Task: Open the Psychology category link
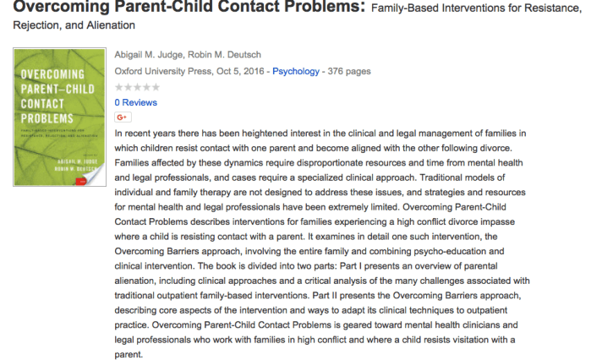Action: pyautogui.click(x=296, y=72)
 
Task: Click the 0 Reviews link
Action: pyautogui.click(x=135, y=102)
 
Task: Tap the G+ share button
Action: pyautogui.click(x=122, y=117)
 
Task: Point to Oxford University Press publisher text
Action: pyautogui.click(x=161, y=72)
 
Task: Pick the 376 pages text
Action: pyautogui.click(x=348, y=72)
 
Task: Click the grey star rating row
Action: pyautogui.click(x=135, y=87)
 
